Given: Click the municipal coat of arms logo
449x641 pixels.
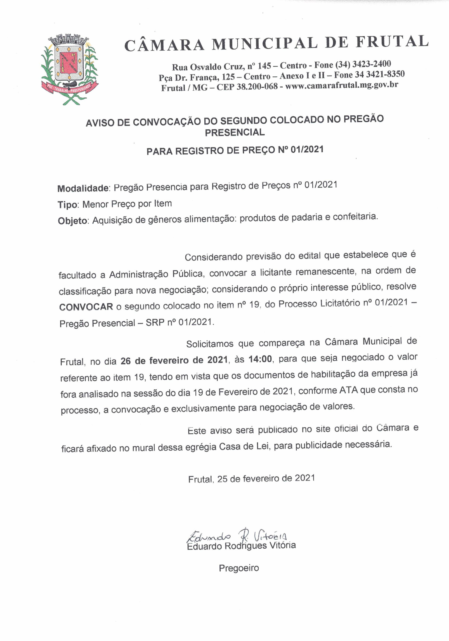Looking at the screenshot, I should pos(70,70).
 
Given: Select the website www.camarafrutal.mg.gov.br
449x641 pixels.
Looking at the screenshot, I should pos(341,85).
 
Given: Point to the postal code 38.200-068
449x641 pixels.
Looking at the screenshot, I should pos(257,86).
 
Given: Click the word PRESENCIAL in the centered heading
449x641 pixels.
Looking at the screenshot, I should pos(235,132).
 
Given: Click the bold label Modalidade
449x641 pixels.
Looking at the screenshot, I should pos(83,188).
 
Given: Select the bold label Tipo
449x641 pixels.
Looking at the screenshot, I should pos(67,205).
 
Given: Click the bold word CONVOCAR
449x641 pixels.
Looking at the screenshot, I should pos(86,307).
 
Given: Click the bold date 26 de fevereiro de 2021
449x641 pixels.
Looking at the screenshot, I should pos(174,360).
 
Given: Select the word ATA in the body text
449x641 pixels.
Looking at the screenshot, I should pos(348,391).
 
